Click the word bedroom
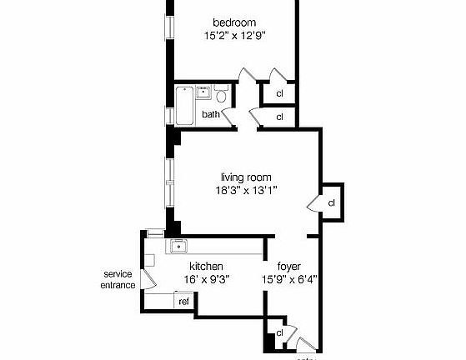234,22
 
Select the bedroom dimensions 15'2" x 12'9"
234,36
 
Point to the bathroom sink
203,92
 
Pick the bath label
210,115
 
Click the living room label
246,177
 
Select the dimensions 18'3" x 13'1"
246,190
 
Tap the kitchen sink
178,245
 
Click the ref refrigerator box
183,302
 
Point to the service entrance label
118,279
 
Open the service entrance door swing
148,278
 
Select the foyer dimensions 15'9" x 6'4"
288,280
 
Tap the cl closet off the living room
331,202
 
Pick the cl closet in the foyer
279,333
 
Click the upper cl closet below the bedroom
279,93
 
